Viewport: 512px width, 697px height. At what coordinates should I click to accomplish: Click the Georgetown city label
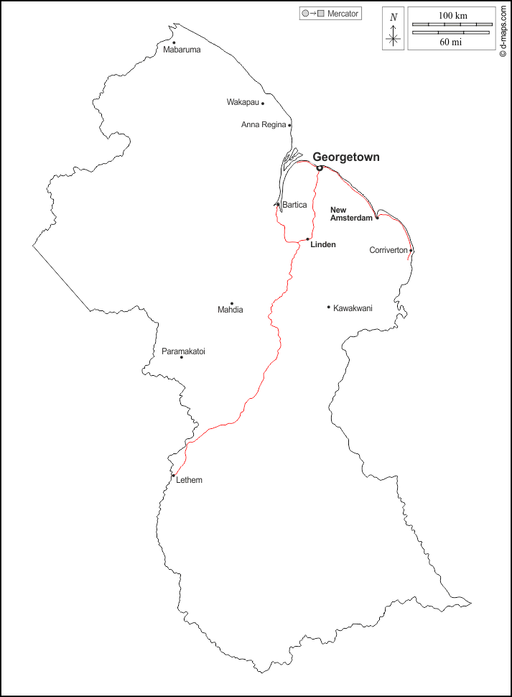point(346,157)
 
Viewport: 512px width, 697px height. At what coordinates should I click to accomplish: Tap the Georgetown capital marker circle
point(320,168)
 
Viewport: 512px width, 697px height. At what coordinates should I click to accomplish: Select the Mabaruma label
point(182,50)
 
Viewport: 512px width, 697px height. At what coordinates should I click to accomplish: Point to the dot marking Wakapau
point(263,103)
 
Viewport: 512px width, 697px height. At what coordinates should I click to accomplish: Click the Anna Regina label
point(264,125)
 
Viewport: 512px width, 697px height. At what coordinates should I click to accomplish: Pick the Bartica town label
point(294,206)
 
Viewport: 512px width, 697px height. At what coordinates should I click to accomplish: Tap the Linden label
point(323,245)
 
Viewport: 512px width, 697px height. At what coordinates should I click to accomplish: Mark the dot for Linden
point(308,239)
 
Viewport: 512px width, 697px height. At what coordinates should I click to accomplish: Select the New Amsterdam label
point(350,214)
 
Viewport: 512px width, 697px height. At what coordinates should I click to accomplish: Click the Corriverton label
point(388,251)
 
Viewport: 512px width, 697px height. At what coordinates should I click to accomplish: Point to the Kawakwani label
point(353,308)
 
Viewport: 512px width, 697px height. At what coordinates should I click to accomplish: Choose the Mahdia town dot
point(231,303)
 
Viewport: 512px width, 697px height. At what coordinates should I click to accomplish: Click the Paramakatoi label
point(183,351)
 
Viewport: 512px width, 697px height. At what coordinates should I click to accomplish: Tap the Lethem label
point(189,480)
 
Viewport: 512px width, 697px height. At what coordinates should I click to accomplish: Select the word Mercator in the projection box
point(343,14)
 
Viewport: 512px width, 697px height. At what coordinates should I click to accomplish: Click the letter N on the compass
point(393,17)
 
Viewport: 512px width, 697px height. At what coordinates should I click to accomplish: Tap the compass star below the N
point(393,40)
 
